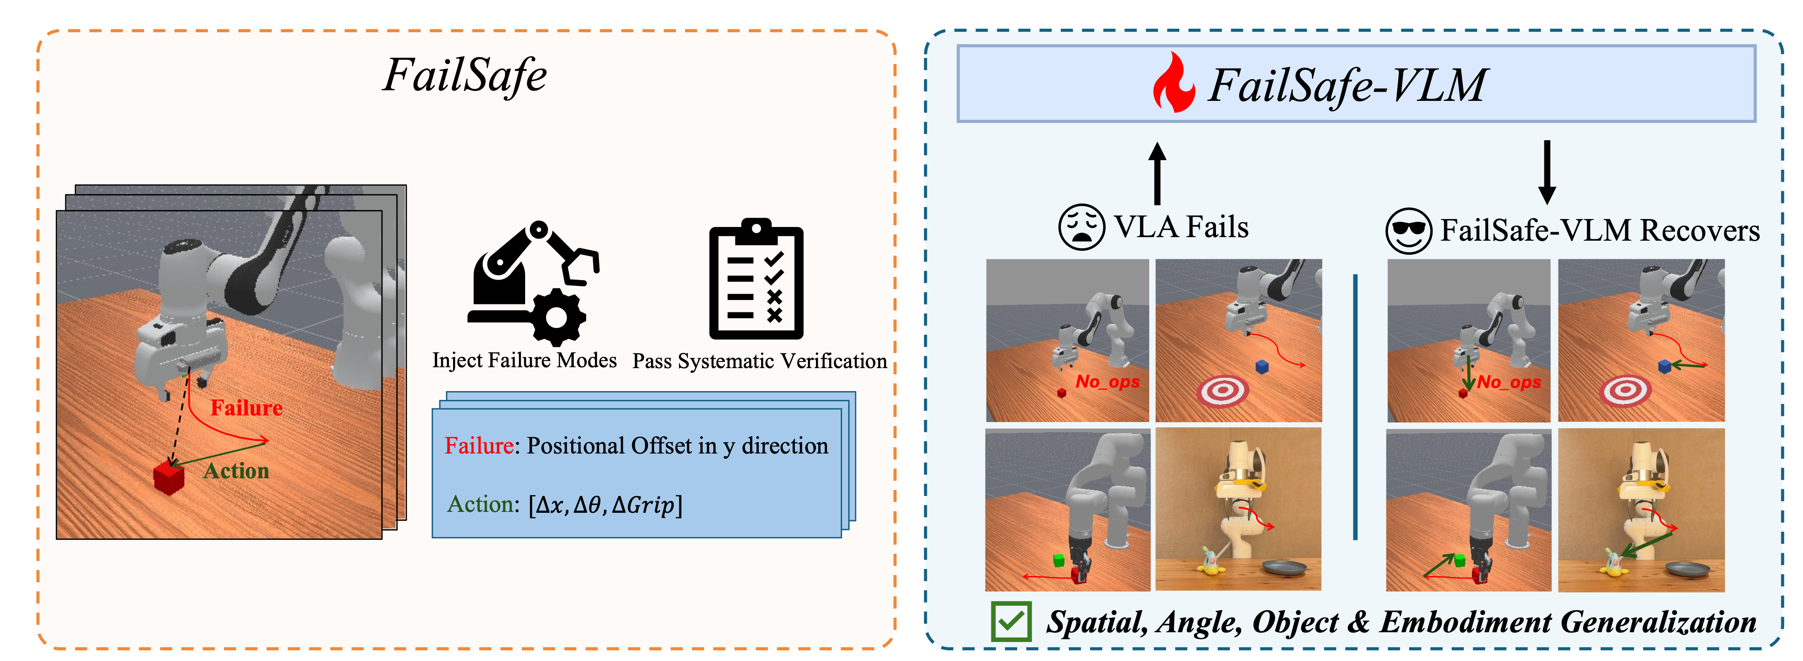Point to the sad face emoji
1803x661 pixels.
point(1081,227)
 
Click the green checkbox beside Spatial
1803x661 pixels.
point(1011,621)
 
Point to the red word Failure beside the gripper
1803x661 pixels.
point(246,407)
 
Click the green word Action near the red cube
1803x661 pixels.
point(236,471)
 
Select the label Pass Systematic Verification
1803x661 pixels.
point(759,361)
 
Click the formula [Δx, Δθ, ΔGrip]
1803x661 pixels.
point(606,504)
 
